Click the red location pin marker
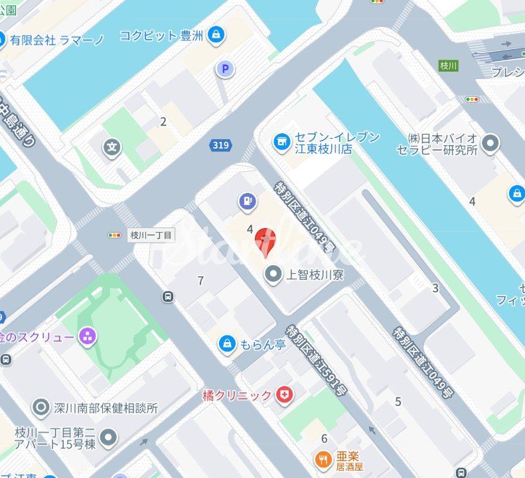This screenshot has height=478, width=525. tap(265, 241)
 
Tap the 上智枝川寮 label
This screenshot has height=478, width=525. tap(314, 275)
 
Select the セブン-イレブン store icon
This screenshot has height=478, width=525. tap(281, 141)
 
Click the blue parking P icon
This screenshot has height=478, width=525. tap(226, 68)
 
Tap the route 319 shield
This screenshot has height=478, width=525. tap(220, 145)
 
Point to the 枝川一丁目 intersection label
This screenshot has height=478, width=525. tap(152, 235)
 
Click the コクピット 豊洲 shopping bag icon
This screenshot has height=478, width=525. tap(216, 35)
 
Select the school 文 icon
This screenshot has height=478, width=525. tap(114, 146)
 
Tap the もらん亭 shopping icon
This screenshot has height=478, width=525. tap(228, 343)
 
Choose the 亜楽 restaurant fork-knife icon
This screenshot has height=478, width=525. tap(323, 458)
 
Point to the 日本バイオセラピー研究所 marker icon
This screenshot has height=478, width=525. tap(490, 143)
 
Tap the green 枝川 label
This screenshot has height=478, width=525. tap(448, 65)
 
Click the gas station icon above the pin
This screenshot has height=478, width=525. tap(246, 200)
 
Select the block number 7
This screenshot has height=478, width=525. tap(200, 281)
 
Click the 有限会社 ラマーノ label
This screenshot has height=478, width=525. tap(57, 39)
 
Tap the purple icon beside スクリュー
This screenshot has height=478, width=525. tap(88, 337)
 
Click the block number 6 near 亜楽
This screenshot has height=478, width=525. tap(324, 438)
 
